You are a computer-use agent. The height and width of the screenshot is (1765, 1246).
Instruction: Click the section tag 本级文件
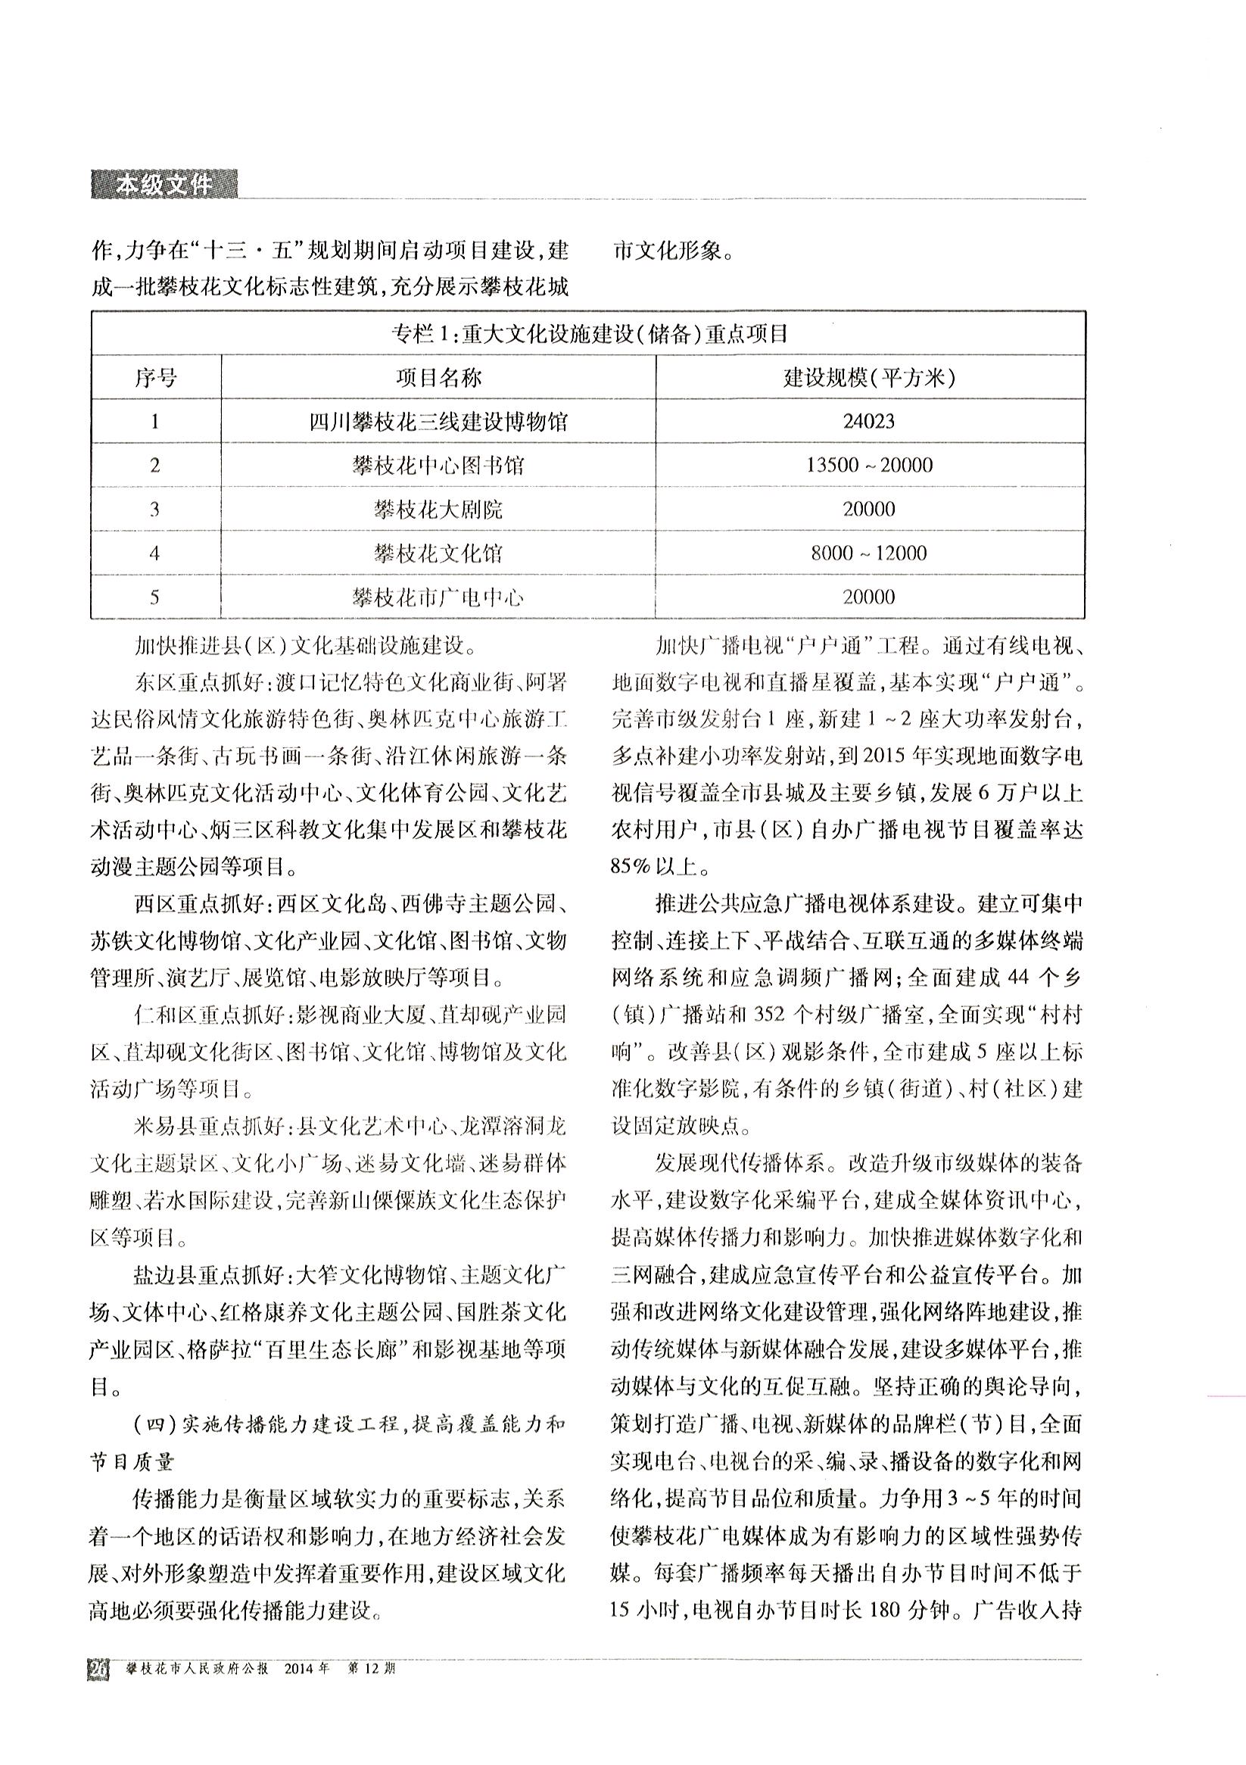[163, 186]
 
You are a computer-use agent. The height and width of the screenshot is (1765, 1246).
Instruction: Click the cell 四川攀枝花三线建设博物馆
[439, 421]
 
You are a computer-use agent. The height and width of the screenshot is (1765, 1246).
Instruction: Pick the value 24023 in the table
[868, 421]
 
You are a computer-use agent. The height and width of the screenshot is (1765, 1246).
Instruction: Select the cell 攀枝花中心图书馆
[439, 465]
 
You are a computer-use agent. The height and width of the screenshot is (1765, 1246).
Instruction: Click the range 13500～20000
[868, 465]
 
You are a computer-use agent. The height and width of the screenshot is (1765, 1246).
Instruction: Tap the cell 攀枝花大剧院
[439, 509]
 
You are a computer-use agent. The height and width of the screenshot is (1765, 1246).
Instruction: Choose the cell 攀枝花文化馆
[439, 553]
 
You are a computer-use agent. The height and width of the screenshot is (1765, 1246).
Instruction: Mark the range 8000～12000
[868, 553]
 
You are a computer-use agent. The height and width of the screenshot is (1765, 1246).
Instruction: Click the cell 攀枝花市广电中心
[439, 597]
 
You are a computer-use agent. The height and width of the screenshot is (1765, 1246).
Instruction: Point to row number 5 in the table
[155, 597]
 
